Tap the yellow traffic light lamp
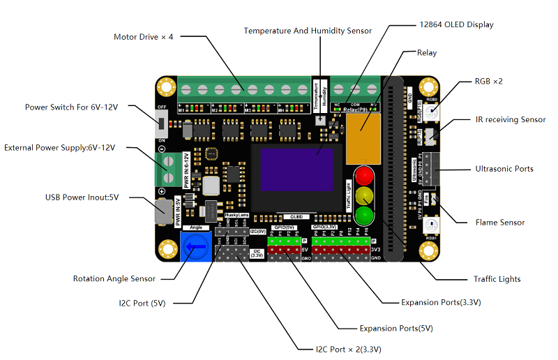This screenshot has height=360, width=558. [x=364, y=195]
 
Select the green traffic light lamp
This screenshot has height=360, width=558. [x=364, y=213]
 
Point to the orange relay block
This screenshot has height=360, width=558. [x=364, y=133]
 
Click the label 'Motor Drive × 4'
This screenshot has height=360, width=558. [x=143, y=36]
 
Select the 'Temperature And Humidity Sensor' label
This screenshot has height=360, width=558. [x=308, y=31]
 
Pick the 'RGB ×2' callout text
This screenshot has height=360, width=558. [x=488, y=82]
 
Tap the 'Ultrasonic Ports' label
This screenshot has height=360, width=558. [x=504, y=169]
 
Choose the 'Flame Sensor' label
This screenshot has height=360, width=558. [x=500, y=223]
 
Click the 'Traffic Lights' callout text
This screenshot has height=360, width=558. [x=496, y=279]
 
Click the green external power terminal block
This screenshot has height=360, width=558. [x=167, y=165]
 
